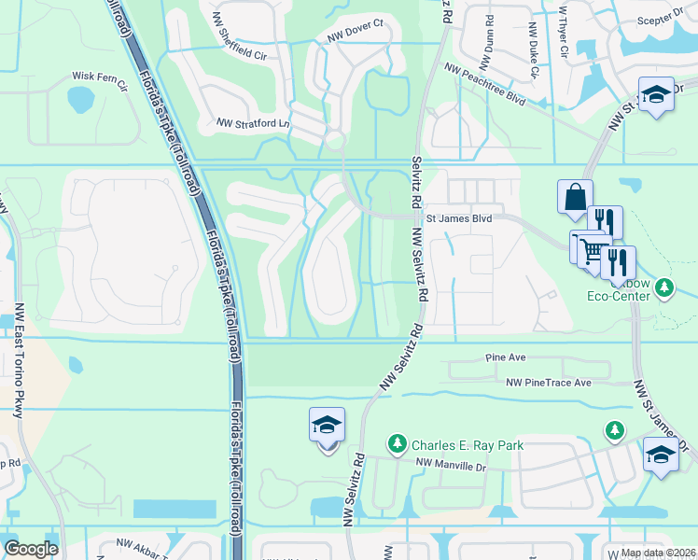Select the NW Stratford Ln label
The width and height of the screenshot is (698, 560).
coord(254,122)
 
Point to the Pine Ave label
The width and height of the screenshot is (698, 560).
coord(507,357)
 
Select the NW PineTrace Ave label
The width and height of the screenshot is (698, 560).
coord(549,383)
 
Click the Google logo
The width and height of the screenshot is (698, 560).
coord(31,549)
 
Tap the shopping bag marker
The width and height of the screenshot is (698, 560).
coord(575,198)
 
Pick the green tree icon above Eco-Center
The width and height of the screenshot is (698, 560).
coord(664,287)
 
